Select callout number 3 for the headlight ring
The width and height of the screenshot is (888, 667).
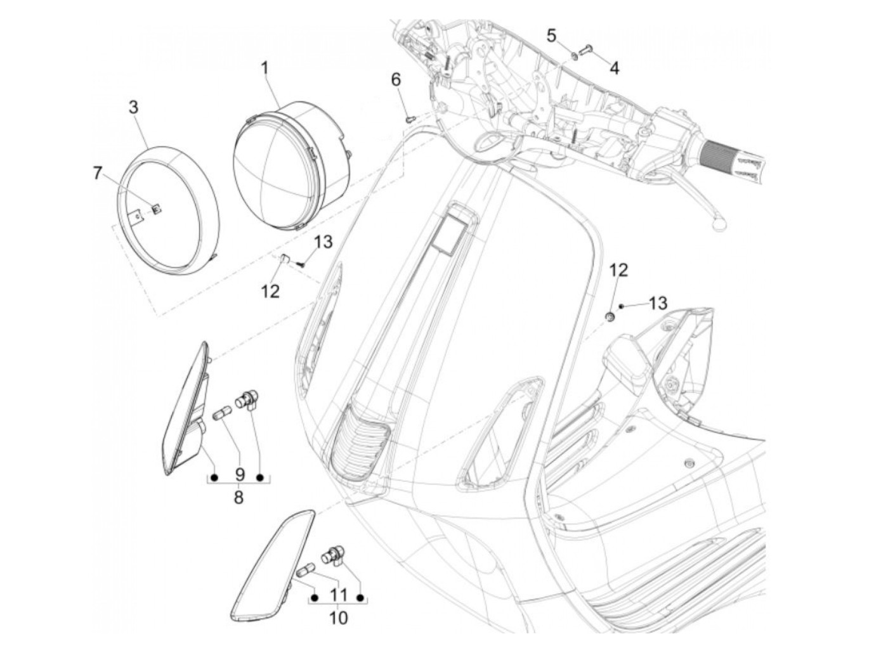coord(133,107)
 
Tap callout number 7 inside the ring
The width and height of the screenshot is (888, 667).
coord(97,172)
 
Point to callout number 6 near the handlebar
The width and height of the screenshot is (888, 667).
coord(396,80)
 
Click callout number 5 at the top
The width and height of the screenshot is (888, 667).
coord(551,36)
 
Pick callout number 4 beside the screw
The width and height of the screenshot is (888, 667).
coord(614,67)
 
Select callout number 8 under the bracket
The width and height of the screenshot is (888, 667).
coord(238,497)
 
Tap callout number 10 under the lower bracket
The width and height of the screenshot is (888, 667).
coord(338,617)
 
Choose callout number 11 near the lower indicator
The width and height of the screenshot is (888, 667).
coord(338,595)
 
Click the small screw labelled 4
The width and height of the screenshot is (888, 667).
coord(586,48)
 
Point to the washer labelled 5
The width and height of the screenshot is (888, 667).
coord(573,55)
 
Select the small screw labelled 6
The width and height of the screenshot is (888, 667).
coord(410,117)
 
